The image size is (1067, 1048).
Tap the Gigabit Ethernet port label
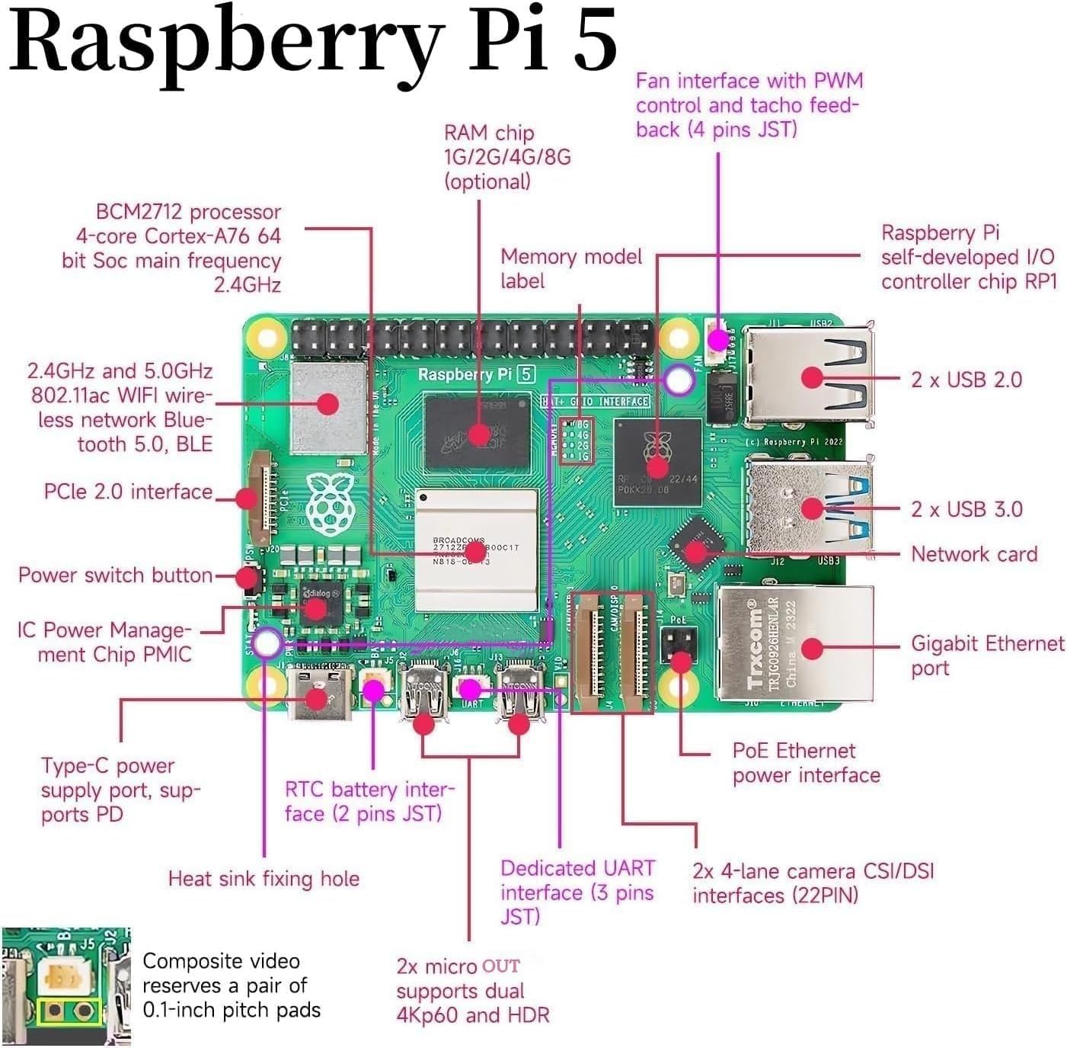click(x=986, y=655)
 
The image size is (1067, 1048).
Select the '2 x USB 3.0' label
click(x=966, y=509)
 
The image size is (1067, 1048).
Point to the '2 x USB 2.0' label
click(x=966, y=380)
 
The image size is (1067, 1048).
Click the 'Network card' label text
click(x=973, y=554)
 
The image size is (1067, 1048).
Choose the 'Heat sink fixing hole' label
click(x=264, y=879)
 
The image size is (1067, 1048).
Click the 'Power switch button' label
click(x=115, y=575)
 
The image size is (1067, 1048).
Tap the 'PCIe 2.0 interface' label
click(x=128, y=492)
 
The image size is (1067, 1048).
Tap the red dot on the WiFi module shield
click(x=328, y=403)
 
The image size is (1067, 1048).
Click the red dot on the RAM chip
click(x=479, y=434)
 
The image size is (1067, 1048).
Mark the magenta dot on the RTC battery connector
click(x=373, y=691)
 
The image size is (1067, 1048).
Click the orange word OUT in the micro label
click(x=501, y=966)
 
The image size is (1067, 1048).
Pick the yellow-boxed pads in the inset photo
click(x=68, y=1012)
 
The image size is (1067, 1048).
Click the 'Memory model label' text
click(x=570, y=268)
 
